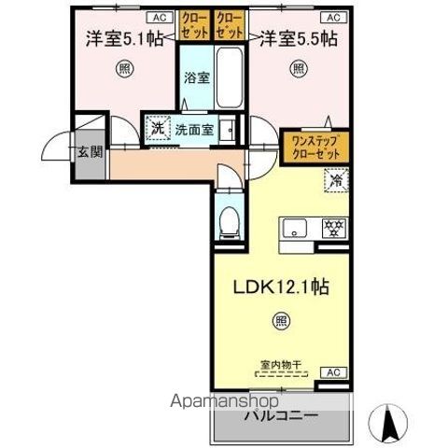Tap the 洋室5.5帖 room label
point(298,39)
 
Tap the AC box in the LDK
point(332,372)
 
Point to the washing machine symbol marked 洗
point(157,129)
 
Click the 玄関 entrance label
point(89,153)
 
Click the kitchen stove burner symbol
point(331,227)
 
